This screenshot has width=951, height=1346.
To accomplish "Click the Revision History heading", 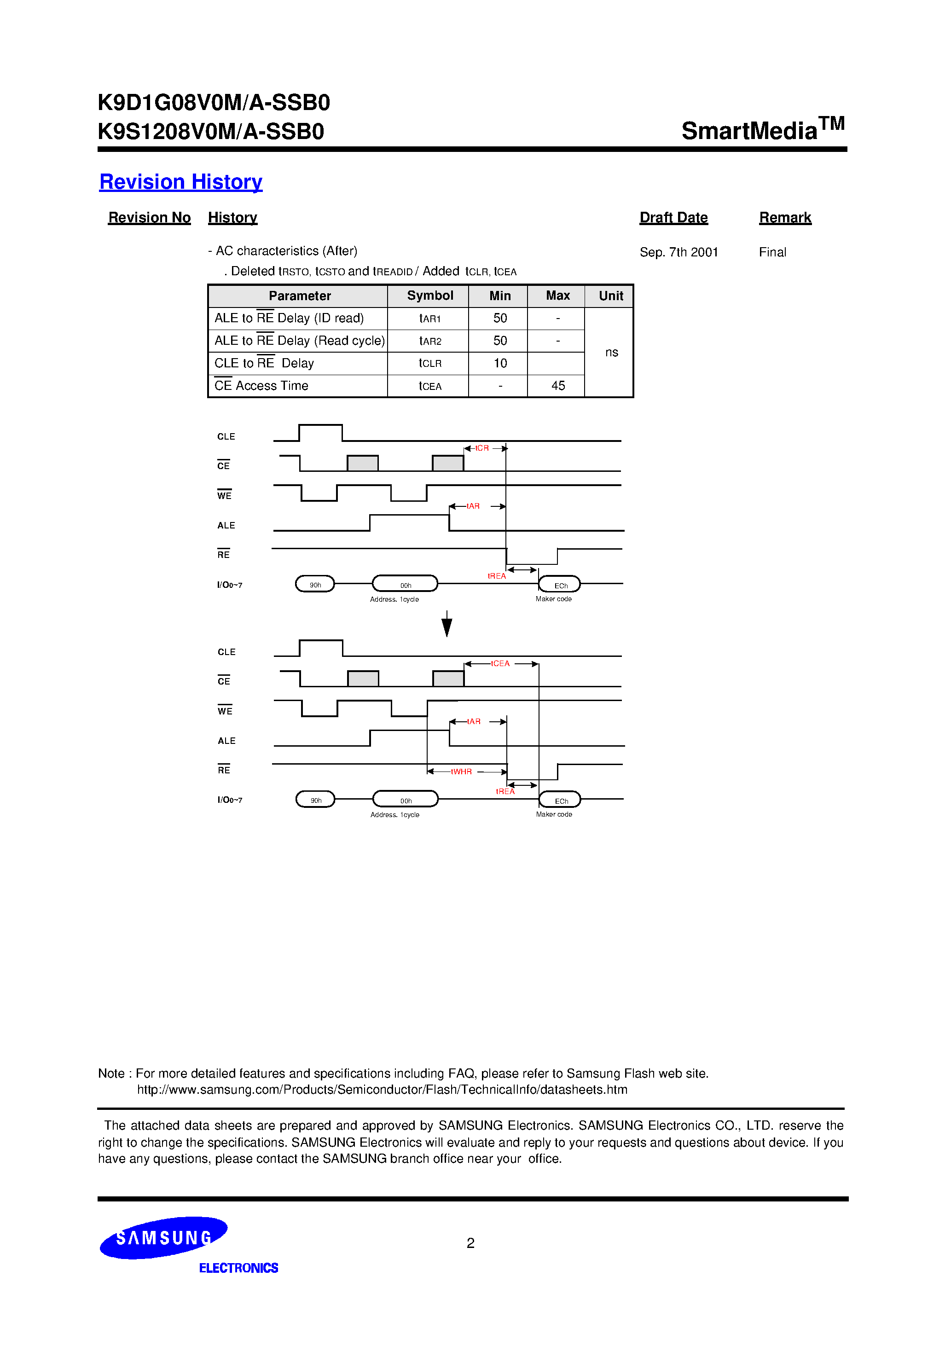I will coord(180,182).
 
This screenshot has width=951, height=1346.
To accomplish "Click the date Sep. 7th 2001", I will coord(678,252).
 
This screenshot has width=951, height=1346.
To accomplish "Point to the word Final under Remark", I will coord(772,252).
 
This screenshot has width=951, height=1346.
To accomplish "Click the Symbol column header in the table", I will coord(430,296).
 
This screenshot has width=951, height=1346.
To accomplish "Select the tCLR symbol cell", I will coord(430,364).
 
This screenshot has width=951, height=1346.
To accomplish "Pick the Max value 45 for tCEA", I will coord(557,386).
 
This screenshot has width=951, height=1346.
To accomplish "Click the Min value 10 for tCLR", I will coord(499,364).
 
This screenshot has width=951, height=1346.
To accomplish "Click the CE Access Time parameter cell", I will coord(261,386).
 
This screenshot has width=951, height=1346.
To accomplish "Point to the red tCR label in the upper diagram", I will coord(482,448).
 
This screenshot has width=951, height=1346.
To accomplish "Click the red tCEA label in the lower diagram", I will coord(500,664).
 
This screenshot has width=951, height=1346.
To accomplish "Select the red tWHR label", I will coord(461,772).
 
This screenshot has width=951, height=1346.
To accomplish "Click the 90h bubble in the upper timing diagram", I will coord(315,585).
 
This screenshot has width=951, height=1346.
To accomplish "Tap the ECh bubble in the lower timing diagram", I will coord(561,800).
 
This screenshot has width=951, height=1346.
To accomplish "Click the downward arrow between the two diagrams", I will coord(447,624).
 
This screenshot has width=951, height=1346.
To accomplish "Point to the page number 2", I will coord(470,1243).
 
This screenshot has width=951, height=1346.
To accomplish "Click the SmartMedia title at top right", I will coord(762,129).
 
